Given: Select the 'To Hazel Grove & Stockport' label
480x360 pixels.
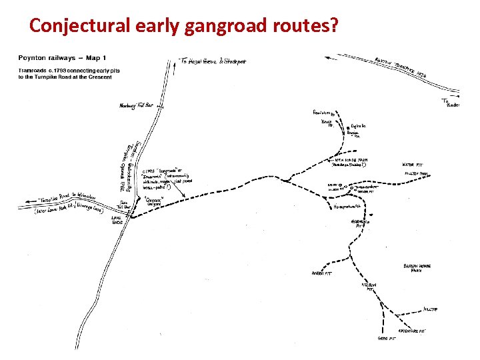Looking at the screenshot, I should (214, 61).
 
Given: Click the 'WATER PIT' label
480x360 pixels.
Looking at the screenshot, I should (413, 165).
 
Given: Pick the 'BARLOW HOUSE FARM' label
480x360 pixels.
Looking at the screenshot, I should (417, 268).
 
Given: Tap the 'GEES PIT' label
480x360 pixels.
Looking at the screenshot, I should (387, 338).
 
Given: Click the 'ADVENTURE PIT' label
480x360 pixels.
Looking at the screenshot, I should (411, 331).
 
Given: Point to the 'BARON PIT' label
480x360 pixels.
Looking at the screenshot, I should (321, 273).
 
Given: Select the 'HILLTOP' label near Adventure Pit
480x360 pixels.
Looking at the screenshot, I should (431, 309).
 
